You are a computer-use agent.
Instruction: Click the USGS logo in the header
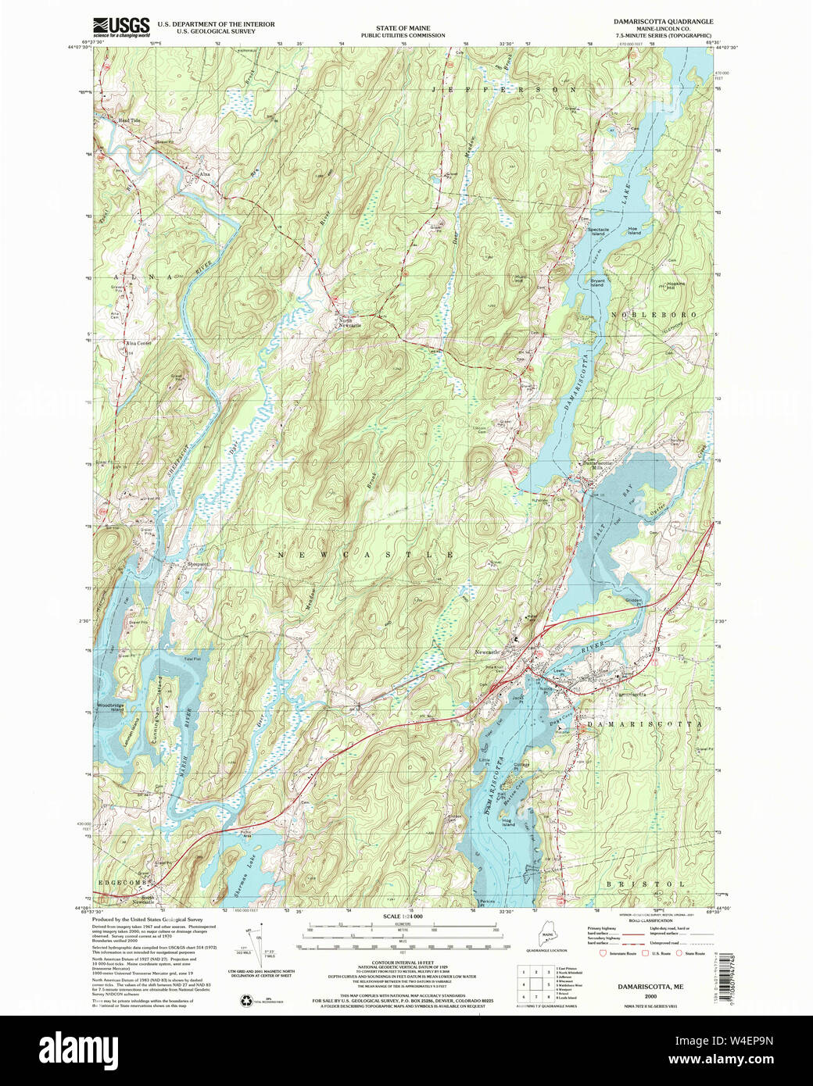point(120,27)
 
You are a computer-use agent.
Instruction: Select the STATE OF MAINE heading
point(403,28)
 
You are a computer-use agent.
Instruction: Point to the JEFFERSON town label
point(497,91)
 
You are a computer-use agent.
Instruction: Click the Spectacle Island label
point(597,231)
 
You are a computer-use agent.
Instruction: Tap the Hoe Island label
point(634,230)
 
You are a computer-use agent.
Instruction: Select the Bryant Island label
point(597,283)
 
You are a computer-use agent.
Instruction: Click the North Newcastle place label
point(349,323)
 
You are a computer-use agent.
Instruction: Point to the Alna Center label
point(138,343)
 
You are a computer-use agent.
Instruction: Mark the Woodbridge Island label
point(109,707)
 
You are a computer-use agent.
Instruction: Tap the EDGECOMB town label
point(122,881)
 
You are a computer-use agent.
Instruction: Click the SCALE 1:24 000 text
point(403,916)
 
